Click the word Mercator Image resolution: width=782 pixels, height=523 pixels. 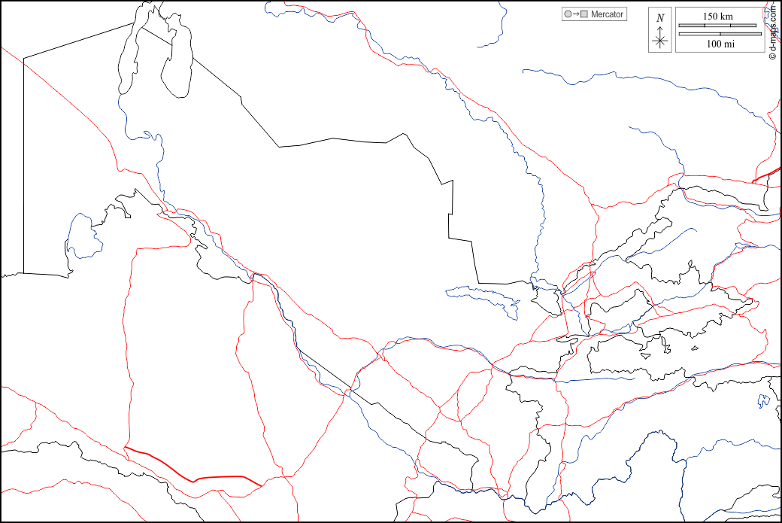point(608,14)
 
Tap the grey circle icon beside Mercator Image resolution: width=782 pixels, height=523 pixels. point(566,14)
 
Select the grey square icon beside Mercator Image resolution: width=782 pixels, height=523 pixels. point(583,14)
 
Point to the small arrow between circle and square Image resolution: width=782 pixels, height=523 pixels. point(574,14)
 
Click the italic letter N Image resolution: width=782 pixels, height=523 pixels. point(660,18)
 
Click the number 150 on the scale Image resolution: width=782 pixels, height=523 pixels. point(711,17)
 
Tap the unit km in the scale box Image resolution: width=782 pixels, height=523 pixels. point(728,17)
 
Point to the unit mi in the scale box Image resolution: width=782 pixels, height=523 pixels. point(729,44)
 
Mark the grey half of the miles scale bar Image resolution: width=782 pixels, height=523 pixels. point(699,33)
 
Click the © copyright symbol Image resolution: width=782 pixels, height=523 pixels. point(772,55)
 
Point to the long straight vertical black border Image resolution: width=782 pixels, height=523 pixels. point(23,166)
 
